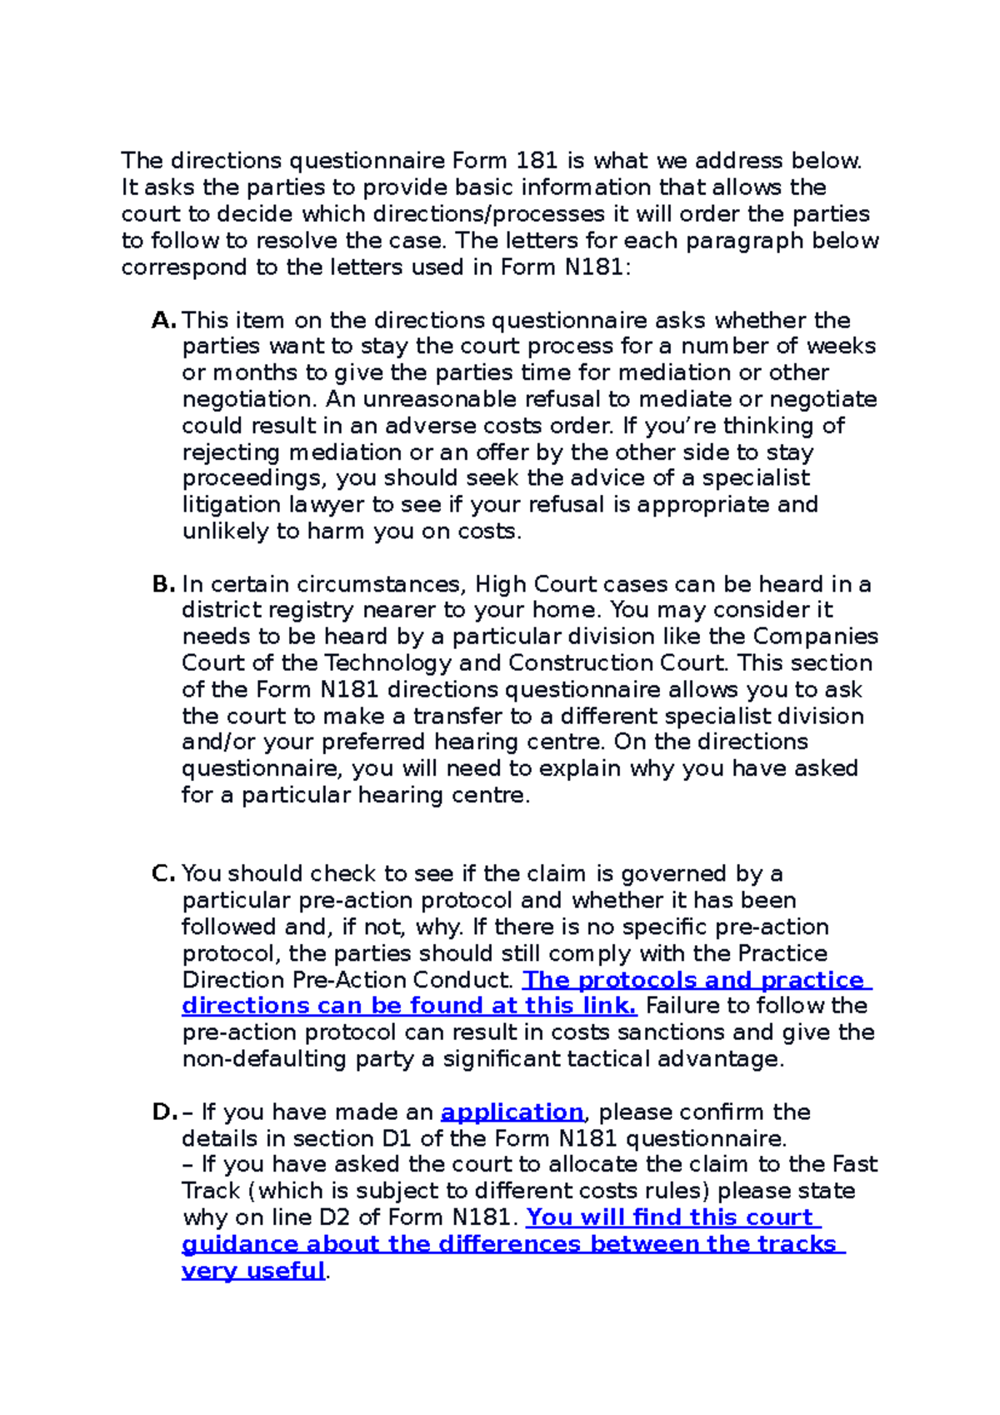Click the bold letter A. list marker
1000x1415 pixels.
(164, 320)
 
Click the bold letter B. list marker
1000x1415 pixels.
(163, 584)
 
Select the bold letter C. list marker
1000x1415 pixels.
(163, 873)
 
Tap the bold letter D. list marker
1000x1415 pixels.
(164, 1112)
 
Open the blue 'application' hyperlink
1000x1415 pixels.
(512, 1112)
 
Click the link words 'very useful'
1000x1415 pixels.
(252, 1271)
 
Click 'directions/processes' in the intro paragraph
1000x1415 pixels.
(488, 213)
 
